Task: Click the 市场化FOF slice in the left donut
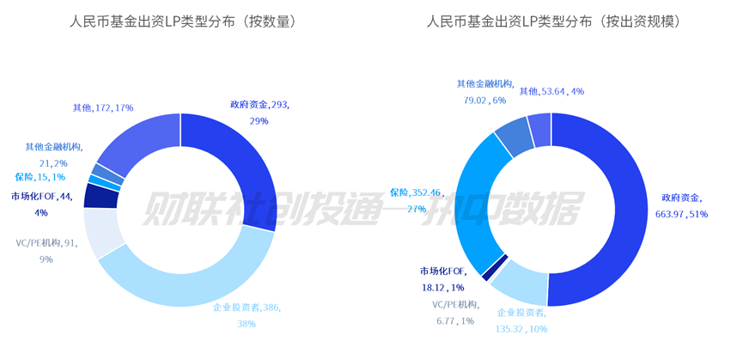tap(100, 196)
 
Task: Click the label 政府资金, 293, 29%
tap(259, 113)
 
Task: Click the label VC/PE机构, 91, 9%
tap(46, 250)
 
